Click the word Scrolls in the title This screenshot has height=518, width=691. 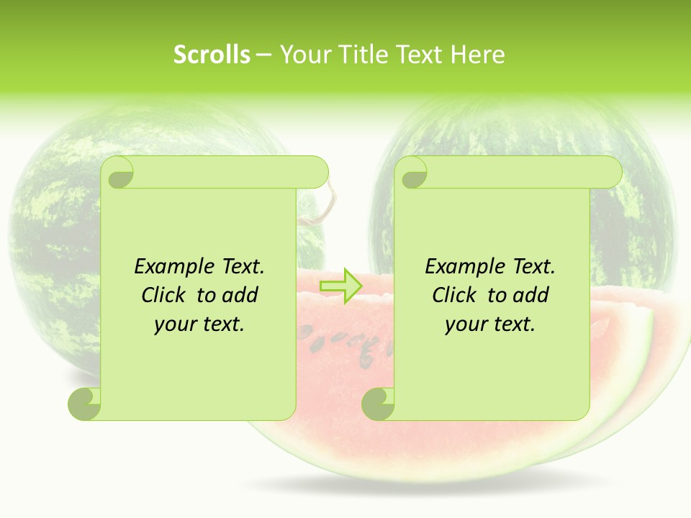pos(212,55)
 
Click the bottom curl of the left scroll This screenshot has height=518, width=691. pos(85,404)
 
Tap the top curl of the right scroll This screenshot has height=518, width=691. pos(413,173)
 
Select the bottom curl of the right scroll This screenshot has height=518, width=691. pos(378,404)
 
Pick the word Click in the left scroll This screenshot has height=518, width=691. pos(162,296)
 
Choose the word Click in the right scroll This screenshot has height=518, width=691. pos(453,296)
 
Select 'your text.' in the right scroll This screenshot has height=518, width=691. pos(490,324)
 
